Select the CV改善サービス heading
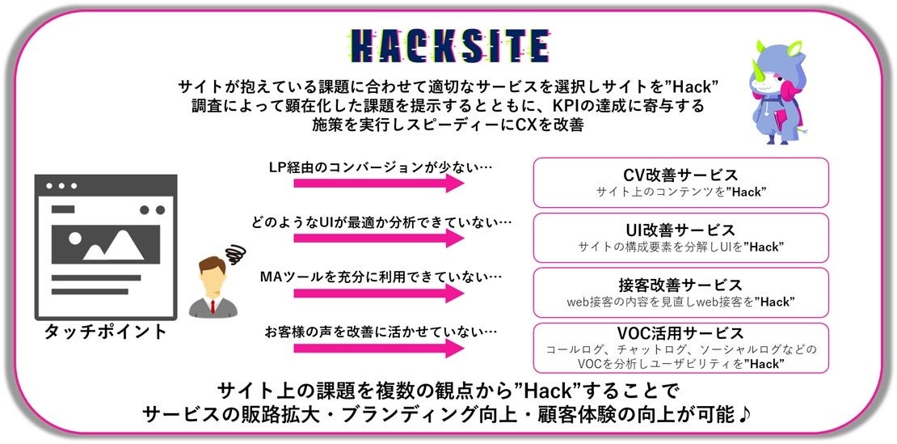(x=681, y=175)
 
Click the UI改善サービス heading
(x=681, y=230)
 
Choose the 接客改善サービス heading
(x=680, y=285)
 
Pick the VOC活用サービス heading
(x=680, y=333)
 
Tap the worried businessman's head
(x=213, y=280)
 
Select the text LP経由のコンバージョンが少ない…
(x=381, y=167)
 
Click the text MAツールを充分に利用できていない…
(x=381, y=277)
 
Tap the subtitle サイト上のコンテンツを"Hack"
(x=681, y=192)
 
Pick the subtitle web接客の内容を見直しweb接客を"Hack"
(x=680, y=302)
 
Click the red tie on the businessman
(x=213, y=306)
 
